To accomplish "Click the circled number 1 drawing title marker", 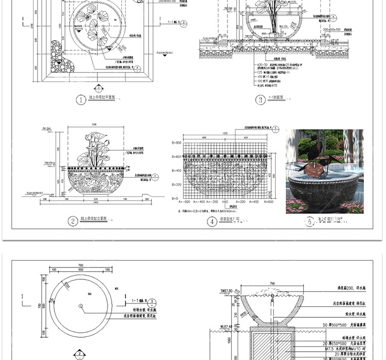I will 81,100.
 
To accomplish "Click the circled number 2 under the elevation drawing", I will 74,222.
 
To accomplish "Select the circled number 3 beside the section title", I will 260,100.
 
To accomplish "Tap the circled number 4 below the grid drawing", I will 212,222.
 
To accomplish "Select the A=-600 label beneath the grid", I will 184,202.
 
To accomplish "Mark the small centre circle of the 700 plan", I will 81,307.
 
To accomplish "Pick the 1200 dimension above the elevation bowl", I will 94,124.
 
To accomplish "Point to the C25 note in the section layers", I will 261,73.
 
